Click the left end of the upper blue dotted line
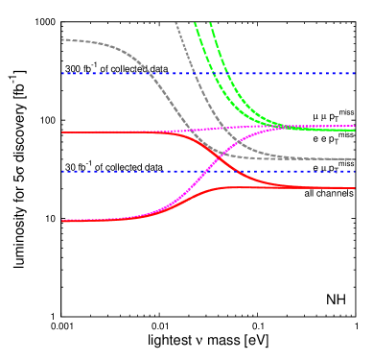click(62, 73)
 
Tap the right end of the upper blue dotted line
click(356, 73)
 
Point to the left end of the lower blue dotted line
click(62, 171)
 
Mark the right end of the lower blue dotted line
click(356, 171)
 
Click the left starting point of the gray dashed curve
click(62, 39)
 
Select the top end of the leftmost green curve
click(195, 22)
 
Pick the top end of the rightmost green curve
click(210, 22)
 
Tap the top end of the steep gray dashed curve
click(175, 22)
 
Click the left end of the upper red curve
click(62, 132)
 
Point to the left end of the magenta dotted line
click(96, 132)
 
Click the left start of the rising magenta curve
click(62, 221)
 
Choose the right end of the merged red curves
click(356, 188)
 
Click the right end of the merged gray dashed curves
click(356, 159)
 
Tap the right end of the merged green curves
click(356, 130)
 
